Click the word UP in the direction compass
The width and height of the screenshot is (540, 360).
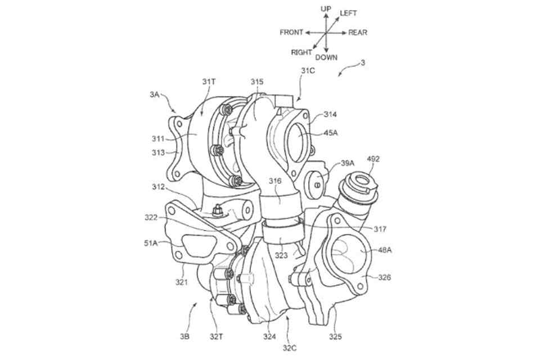click(326, 9)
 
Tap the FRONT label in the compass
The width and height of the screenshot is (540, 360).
click(291, 33)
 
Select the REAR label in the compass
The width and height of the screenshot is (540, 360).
click(358, 33)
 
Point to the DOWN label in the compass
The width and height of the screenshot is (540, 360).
click(326, 57)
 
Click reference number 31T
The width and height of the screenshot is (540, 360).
click(209, 82)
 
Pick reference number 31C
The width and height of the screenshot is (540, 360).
click(307, 71)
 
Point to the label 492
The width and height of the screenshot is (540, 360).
click(373, 159)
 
